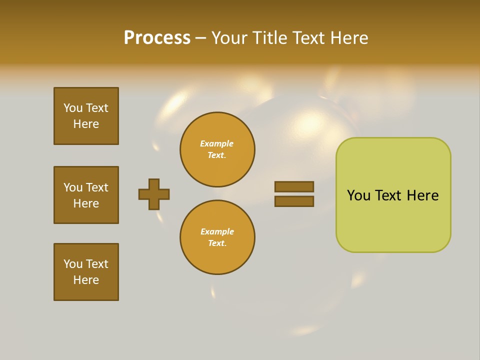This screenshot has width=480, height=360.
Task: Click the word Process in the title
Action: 157,38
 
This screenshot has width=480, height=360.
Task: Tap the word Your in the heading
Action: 231,38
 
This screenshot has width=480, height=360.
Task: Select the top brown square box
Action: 86,116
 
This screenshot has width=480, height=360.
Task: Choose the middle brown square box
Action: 86,195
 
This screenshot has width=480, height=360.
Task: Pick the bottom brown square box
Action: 86,272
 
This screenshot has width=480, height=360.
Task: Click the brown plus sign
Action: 154,194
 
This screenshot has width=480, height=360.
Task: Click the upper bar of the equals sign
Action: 294,186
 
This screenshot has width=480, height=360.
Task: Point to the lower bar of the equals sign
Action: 294,201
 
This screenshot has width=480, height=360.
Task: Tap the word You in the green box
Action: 358,195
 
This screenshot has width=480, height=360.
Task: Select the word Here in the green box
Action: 422,195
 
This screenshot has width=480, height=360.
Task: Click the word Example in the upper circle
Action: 216,143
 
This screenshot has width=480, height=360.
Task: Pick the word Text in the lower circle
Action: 216,243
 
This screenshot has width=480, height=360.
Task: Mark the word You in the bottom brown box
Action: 73,264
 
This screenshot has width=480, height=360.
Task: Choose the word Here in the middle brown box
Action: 86,203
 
